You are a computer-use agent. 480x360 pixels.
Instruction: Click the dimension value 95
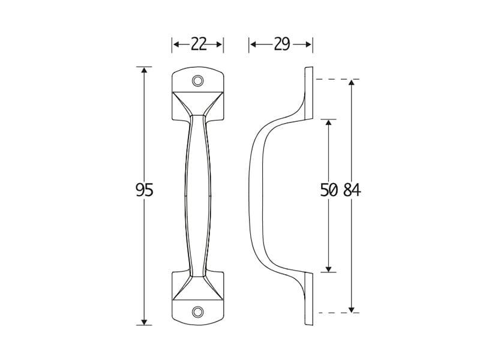(x=144, y=190)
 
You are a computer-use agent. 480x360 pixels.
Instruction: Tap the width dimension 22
(x=198, y=44)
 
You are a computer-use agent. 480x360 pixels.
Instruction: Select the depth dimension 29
(x=281, y=44)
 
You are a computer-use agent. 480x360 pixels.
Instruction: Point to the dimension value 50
(x=329, y=190)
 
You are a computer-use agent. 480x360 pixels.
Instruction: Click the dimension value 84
(x=352, y=190)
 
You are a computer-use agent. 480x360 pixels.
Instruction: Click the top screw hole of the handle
(x=198, y=81)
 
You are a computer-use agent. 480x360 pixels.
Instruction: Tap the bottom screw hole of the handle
(x=198, y=312)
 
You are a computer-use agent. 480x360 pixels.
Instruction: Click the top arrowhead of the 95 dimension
(x=144, y=70)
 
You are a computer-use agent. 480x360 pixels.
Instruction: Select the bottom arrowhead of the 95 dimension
(x=144, y=322)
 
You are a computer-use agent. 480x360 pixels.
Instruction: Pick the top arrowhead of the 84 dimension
(x=352, y=83)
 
